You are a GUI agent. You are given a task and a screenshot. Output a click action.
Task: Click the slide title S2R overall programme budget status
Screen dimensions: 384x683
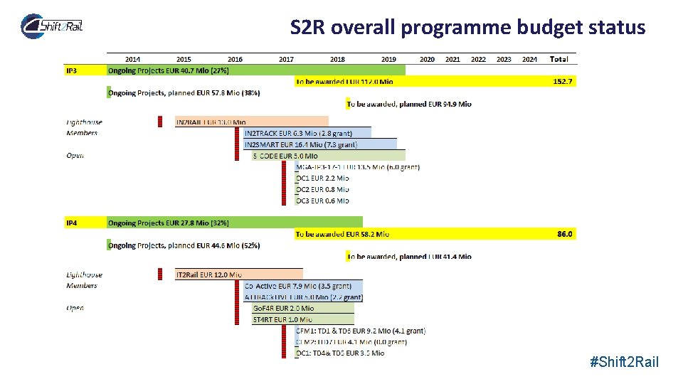pos(467,28)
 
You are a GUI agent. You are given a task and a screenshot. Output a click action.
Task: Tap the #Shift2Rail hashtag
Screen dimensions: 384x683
pos(625,363)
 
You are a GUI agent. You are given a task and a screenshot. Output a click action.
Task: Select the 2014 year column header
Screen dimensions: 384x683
pos(132,59)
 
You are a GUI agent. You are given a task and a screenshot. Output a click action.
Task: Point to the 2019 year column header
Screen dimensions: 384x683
pos(388,59)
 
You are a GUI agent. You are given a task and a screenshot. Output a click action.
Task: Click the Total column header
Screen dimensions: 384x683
pos(558,59)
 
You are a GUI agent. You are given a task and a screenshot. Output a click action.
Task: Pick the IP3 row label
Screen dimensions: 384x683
pos(72,70)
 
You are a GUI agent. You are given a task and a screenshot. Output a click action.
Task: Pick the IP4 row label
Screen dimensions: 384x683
pos(72,223)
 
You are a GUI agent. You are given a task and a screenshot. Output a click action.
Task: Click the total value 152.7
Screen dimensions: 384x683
pos(562,82)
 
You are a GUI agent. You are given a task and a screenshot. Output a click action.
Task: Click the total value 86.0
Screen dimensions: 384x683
pos(564,234)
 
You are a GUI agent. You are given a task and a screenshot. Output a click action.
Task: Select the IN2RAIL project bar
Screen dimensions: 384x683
pos(252,122)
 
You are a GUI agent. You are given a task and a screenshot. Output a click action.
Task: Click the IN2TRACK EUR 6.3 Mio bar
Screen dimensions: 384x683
pos(307,133)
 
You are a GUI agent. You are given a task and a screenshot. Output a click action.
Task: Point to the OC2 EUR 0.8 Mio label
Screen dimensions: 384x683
pos(322,189)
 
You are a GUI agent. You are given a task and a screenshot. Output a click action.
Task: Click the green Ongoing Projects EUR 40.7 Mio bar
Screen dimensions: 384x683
pos(256,70)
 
